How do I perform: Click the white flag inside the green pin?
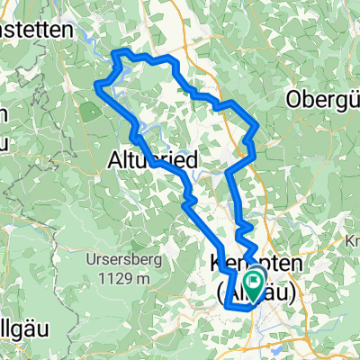[x=255, y=283]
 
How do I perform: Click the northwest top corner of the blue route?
[x=114, y=54]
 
